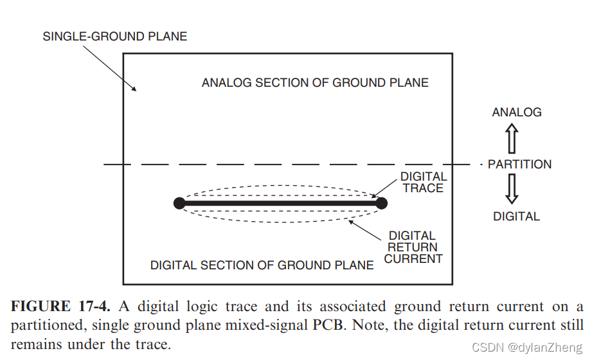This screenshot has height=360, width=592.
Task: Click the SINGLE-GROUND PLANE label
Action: click(x=115, y=36)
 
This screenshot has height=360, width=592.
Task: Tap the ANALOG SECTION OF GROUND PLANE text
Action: click(x=315, y=82)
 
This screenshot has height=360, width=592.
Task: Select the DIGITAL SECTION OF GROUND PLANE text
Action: click(x=262, y=265)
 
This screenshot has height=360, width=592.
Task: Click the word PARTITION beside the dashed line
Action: click(x=519, y=164)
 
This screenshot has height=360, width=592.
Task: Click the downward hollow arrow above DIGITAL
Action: click(x=512, y=189)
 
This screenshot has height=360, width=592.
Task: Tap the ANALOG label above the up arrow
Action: click(x=517, y=112)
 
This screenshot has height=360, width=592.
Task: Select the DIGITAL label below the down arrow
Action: click(x=516, y=216)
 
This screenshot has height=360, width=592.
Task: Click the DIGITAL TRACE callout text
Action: click(x=423, y=182)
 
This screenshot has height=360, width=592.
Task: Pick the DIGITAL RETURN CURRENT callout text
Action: click(x=413, y=248)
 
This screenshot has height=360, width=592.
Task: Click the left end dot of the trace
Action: click(x=179, y=203)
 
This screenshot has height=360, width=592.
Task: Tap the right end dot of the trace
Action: click(x=381, y=203)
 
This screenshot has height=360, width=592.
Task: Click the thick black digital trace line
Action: click(x=280, y=203)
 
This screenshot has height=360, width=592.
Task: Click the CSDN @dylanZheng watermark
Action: click(x=527, y=348)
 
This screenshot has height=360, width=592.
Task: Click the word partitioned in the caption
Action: click(x=47, y=325)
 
